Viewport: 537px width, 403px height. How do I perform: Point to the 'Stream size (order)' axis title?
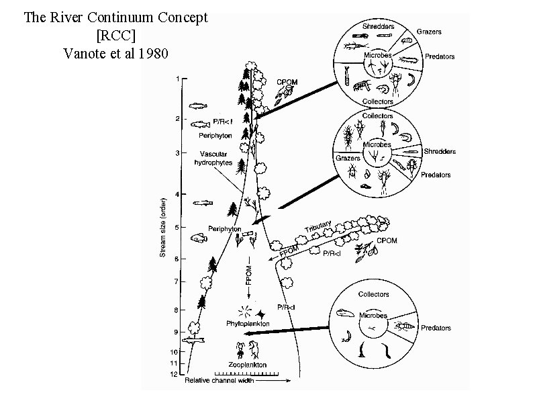162,227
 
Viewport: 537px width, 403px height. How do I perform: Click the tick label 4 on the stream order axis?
177,195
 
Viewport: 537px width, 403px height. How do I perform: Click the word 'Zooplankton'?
246,365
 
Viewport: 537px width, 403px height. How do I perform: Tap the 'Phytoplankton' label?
248,324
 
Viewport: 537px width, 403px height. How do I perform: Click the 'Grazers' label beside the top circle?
429,32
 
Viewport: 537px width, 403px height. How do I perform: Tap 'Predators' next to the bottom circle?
436,328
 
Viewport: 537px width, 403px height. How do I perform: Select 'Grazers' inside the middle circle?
349,159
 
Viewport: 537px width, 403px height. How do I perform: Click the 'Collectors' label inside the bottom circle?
373,294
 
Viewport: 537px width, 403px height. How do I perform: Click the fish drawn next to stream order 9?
195,342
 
